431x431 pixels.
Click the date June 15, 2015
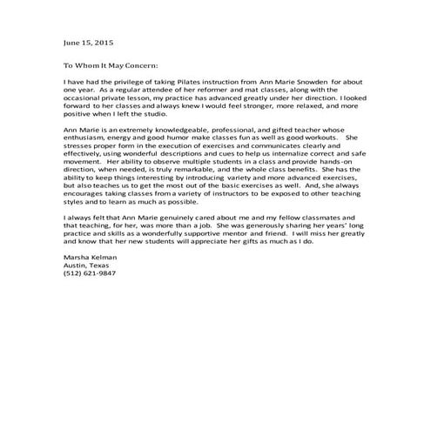click(88, 42)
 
